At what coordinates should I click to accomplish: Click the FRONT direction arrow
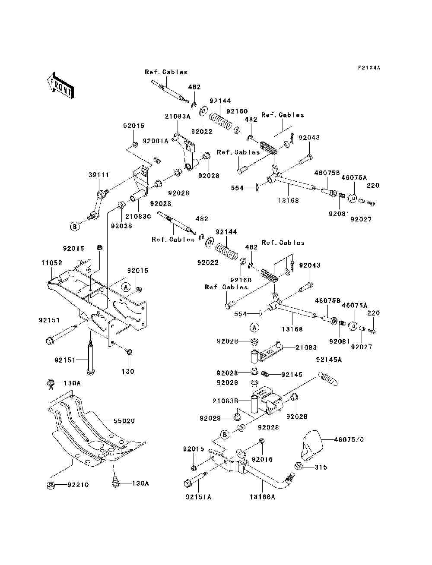click(61, 85)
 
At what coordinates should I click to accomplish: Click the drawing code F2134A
click(369, 68)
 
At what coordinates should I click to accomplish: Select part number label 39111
click(99, 175)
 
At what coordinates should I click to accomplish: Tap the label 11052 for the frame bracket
click(52, 263)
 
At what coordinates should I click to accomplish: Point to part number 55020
click(124, 421)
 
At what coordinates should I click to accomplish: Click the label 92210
click(78, 485)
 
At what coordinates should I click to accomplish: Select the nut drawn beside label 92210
click(51, 486)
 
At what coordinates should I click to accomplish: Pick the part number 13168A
click(262, 504)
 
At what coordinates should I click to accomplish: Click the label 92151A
click(198, 504)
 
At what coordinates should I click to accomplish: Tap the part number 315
click(321, 467)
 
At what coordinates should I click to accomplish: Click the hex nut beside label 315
click(299, 466)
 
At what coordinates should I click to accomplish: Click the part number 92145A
click(329, 360)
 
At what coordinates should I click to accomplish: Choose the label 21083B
click(226, 401)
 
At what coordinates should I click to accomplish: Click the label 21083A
click(178, 117)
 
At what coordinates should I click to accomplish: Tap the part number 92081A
click(156, 141)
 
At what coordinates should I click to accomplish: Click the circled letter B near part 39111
click(75, 227)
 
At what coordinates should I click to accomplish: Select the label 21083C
click(138, 217)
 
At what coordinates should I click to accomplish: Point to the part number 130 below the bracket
click(128, 372)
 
